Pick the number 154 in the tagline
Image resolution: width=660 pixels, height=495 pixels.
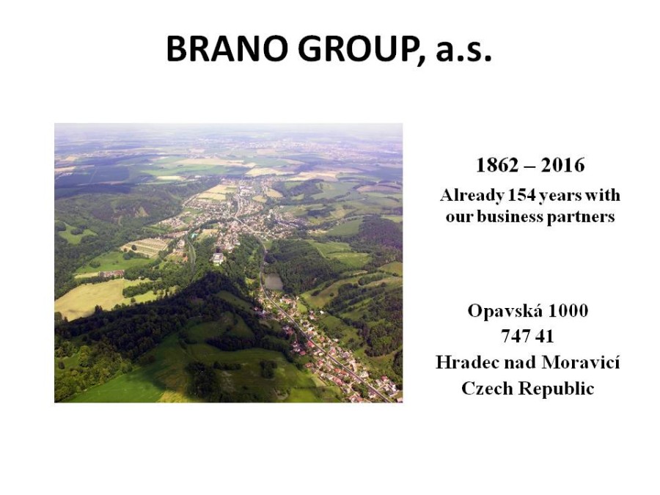pos(521,195)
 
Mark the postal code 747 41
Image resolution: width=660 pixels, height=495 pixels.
pos(527,337)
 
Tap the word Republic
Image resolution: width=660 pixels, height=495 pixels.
pos(557,389)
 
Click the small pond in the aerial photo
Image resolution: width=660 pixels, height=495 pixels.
pos(274,282)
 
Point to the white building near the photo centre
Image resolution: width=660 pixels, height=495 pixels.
pos(218,258)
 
